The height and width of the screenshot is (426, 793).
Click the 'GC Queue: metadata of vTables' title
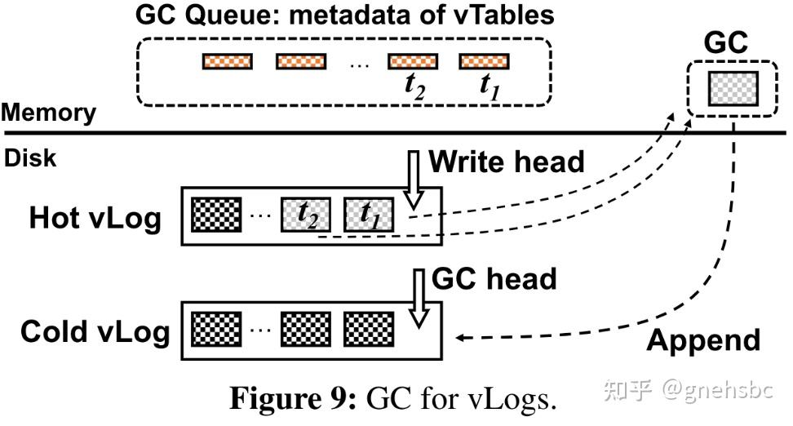[x=344, y=15]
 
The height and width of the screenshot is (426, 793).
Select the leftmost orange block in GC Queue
[x=228, y=61]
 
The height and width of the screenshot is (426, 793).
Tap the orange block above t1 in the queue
[x=485, y=61]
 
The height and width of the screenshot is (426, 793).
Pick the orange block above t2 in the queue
[x=412, y=61]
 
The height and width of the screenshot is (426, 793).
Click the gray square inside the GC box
[x=733, y=87]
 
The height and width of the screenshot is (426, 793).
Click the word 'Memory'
[x=48, y=113]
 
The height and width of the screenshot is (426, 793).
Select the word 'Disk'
[x=31, y=158]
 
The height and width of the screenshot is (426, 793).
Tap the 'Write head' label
[x=507, y=162]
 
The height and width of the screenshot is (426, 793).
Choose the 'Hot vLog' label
[x=95, y=218]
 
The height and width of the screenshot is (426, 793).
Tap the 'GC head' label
[x=494, y=279]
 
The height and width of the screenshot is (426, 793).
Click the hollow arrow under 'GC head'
[x=419, y=300]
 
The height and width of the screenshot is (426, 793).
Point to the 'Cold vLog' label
[x=95, y=331]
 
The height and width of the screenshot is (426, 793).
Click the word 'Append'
[x=703, y=339]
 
